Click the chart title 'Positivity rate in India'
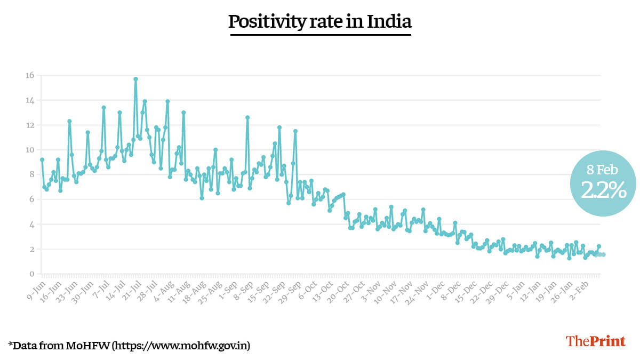coord(320,22)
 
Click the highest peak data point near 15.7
coord(135,79)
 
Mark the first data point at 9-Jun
coord(42,159)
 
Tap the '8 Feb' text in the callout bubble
coord(603,170)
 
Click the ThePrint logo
coord(595,341)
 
